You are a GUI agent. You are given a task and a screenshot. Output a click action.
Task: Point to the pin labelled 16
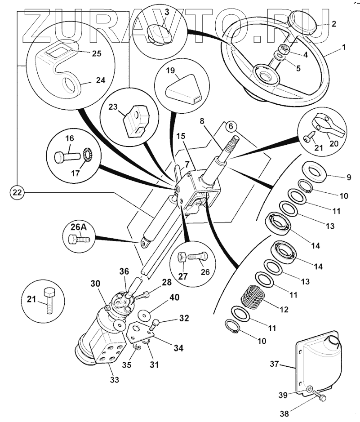point(66,157)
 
